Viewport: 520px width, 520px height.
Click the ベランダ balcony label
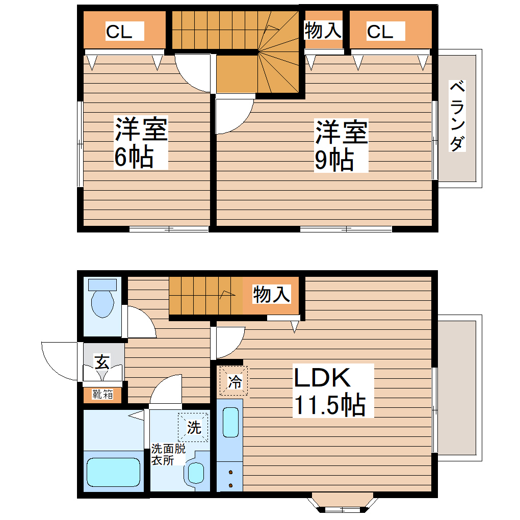pyautogui.click(x=457, y=116)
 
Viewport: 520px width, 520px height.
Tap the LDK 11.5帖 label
pyautogui.click(x=329, y=391)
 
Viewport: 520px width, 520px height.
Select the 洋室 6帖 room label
pyautogui.click(x=140, y=143)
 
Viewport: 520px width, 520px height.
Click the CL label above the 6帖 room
pyautogui.click(x=119, y=32)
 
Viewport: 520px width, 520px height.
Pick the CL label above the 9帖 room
pyautogui.click(x=380, y=32)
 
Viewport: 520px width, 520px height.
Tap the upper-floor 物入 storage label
pyautogui.click(x=323, y=31)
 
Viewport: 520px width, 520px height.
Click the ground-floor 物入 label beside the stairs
pyautogui.click(x=272, y=294)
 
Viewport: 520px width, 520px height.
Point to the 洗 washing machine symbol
pyautogui.click(x=193, y=427)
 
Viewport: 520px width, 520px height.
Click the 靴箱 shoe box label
pyautogui.click(x=102, y=394)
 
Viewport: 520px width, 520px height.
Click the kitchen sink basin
pyautogui.click(x=231, y=423)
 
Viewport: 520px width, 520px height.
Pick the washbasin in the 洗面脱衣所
pyautogui.click(x=196, y=472)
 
